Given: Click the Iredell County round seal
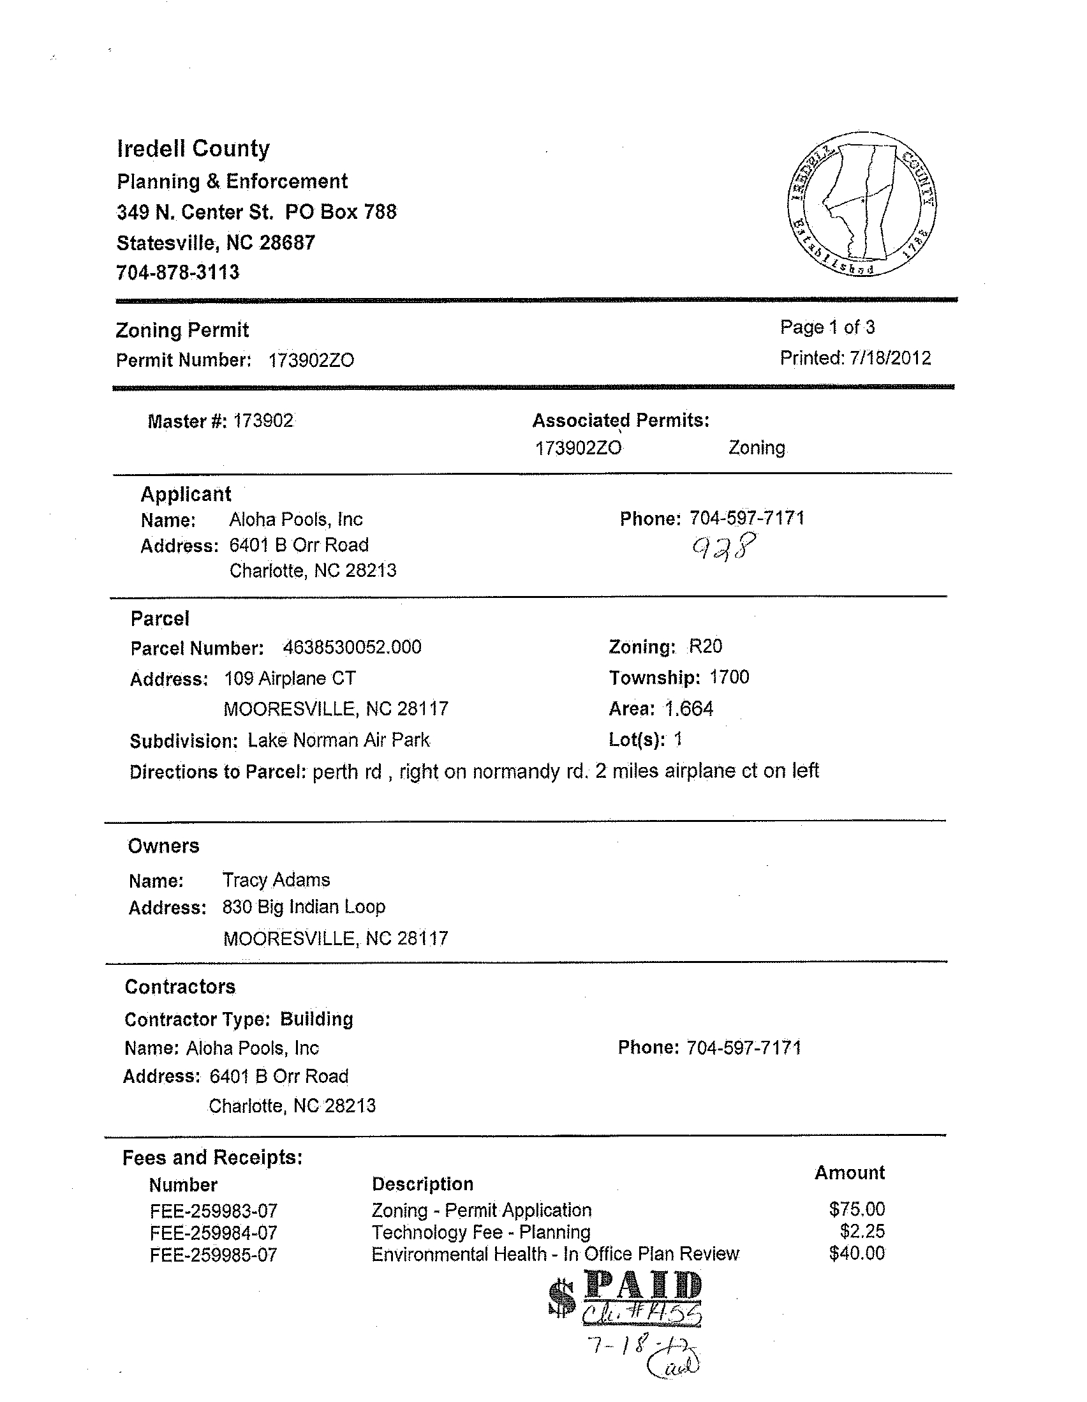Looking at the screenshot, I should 861,204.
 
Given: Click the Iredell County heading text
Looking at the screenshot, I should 193,149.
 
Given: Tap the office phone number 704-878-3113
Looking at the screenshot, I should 178,272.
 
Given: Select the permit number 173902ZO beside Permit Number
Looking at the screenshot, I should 311,360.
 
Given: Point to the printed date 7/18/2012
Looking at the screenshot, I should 890,357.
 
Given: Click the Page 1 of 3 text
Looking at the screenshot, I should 827,327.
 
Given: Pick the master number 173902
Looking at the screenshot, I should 263,421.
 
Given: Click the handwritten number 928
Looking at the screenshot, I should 724,547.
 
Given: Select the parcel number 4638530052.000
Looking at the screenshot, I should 351,647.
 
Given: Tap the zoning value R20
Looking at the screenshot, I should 705,646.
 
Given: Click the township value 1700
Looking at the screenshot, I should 729,677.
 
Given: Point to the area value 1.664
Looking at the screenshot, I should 688,709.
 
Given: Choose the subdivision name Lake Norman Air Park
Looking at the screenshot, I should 338,740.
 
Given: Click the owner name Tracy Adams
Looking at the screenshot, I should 276,879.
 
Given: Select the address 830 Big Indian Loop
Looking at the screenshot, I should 304,906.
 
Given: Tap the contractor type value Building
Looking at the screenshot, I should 316,1018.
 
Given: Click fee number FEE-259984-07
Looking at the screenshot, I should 213,1233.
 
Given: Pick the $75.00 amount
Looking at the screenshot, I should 857,1209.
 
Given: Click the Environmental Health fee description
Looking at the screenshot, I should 555,1255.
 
